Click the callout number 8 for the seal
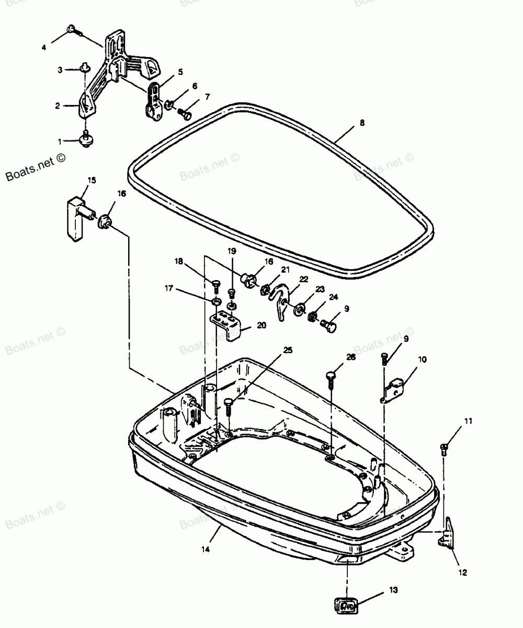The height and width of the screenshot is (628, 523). coord(362,123)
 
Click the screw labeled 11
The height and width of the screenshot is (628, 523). coord(445,447)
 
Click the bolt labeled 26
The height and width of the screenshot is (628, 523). coord(331,378)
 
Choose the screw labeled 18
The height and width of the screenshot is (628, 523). coord(215,285)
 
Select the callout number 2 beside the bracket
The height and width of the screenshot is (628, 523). coord(58,106)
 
